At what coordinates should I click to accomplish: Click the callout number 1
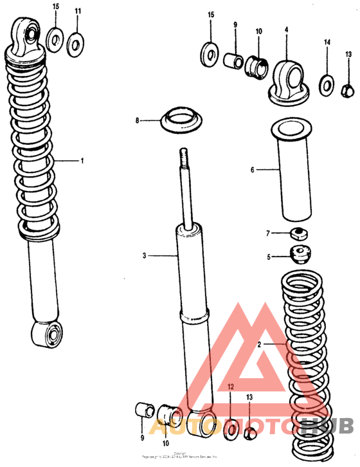(82, 161)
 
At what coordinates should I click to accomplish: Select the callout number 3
(145, 256)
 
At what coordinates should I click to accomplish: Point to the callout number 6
(253, 170)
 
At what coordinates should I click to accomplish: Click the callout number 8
(137, 120)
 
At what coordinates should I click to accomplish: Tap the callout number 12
(231, 387)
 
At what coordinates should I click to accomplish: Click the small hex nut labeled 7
(298, 232)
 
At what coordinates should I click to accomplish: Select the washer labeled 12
(230, 429)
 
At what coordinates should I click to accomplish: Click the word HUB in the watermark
(327, 425)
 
